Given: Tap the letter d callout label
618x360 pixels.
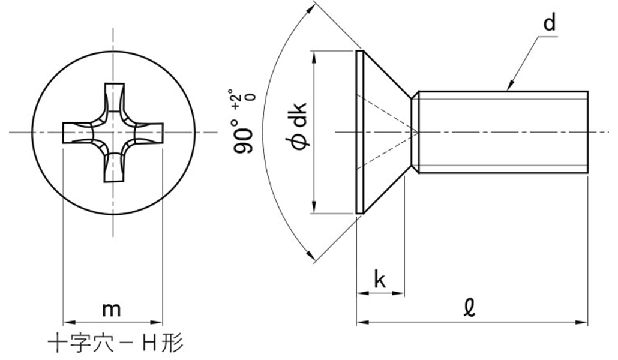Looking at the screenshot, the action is pyautogui.click(x=549, y=22).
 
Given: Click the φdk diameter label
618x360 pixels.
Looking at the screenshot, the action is pyautogui.click(x=300, y=126).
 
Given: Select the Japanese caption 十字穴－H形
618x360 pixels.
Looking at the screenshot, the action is pyautogui.click(x=115, y=343).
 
